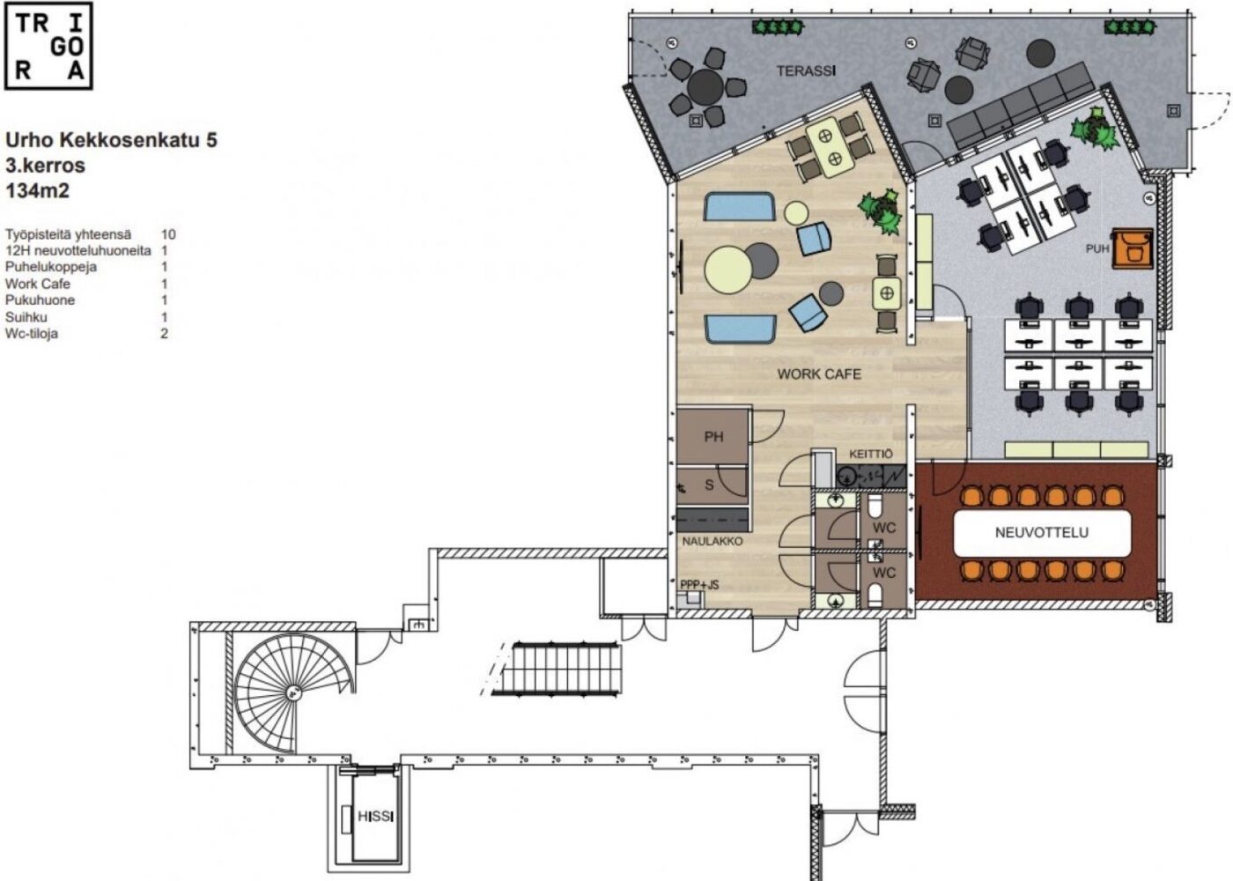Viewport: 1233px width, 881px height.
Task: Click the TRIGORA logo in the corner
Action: (48, 46)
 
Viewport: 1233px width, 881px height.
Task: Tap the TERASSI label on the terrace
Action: (806, 71)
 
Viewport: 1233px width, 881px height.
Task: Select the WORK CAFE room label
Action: (819, 374)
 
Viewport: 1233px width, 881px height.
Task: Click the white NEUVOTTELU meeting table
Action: (1041, 532)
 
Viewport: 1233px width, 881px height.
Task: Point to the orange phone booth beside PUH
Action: (1133, 248)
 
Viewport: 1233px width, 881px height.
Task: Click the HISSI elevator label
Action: (377, 816)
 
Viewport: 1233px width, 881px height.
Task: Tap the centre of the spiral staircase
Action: (292, 693)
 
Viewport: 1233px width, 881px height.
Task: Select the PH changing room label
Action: (714, 437)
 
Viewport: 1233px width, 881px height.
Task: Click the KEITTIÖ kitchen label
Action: (871, 455)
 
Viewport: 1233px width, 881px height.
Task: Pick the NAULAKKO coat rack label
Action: (712, 541)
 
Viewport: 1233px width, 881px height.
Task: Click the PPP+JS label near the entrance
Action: (699, 585)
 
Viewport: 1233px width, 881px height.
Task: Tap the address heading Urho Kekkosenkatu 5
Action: (111, 140)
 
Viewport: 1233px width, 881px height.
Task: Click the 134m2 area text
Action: (37, 191)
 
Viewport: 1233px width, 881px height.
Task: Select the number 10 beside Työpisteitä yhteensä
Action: (168, 234)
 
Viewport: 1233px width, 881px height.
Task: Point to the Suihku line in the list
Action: (26, 317)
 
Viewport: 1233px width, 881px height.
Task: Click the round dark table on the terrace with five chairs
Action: (705, 87)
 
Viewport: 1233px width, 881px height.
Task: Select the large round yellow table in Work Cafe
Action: (727, 270)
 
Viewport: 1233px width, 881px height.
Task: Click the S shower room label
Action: (709, 485)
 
